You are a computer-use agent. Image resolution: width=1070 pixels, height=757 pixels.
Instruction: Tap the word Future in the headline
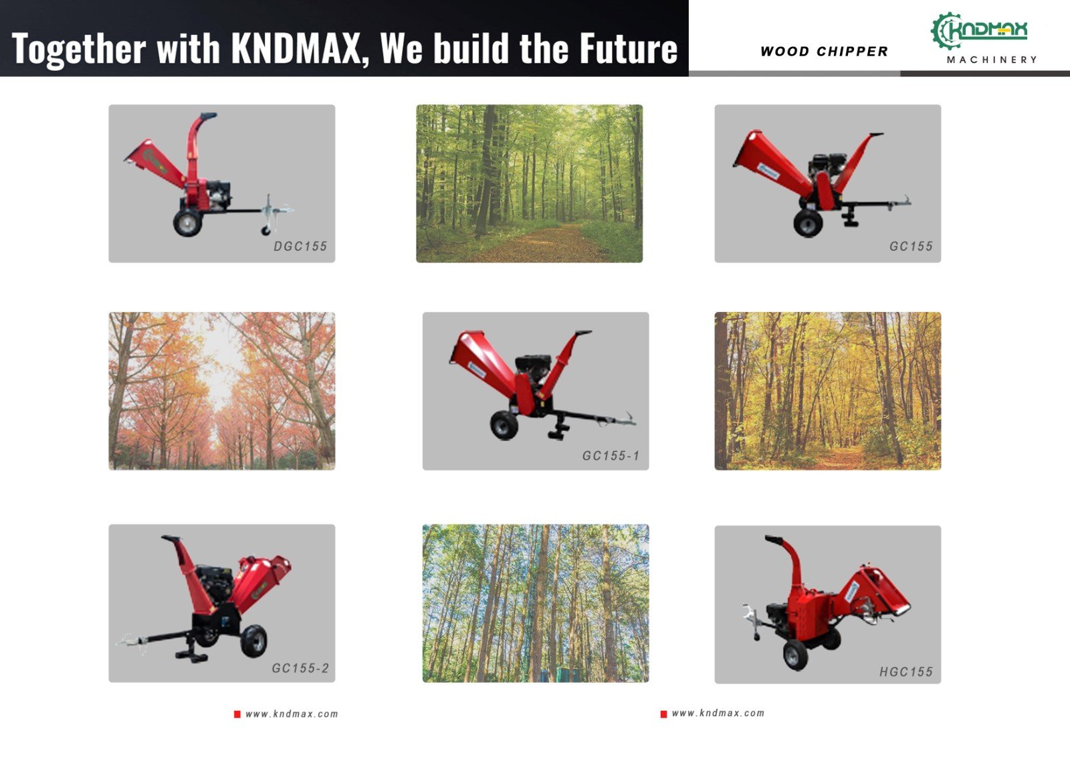pyautogui.click(x=629, y=48)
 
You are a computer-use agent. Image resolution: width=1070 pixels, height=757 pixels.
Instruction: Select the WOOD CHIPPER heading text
pyautogui.click(x=824, y=51)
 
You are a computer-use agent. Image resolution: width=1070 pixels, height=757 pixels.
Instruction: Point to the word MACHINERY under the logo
pyautogui.click(x=992, y=60)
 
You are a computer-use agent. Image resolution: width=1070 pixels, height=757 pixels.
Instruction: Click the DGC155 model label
pyautogui.click(x=300, y=246)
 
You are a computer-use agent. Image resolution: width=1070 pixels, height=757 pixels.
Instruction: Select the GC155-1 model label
pyautogui.click(x=611, y=456)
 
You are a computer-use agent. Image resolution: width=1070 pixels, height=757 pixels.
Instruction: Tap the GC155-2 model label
pyautogui.click(x=300, y=668)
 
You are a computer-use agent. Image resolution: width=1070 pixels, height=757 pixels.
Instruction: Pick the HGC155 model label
pyautogui.click(x=905, y=672)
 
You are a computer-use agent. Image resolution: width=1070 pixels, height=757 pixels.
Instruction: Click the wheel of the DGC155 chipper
pyautogui.click(x=188, y=223)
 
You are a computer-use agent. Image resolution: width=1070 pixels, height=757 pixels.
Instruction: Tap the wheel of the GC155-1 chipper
pyautogui.click(x=504, y=425)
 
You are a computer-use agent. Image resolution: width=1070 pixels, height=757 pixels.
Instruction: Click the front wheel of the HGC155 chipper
pyautogui.click(x=796, y=655)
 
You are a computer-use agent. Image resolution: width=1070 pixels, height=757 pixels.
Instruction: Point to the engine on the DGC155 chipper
pyautogui.click(x=218, y=194)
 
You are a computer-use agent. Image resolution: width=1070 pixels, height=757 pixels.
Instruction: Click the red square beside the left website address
pyautogui.click(x=237, y=714)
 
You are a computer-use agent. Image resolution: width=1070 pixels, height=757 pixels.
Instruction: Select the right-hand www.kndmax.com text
pyautogui.click(x=718, y=713)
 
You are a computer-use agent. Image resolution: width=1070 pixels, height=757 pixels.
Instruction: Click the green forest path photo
pyautogui.click(x=529, y=183)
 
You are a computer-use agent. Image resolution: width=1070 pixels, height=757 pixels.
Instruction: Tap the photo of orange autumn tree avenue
pyautogui.click(x=221, y=391)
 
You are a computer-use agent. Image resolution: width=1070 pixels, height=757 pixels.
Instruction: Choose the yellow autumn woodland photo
pyautogui.click(x=828, y=391)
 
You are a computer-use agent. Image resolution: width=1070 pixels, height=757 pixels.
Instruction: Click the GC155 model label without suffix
pyautogui.click(x=910, y=246)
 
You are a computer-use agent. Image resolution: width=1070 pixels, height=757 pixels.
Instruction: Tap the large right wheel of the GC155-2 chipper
pyautogui.click(x=253, y=641)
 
